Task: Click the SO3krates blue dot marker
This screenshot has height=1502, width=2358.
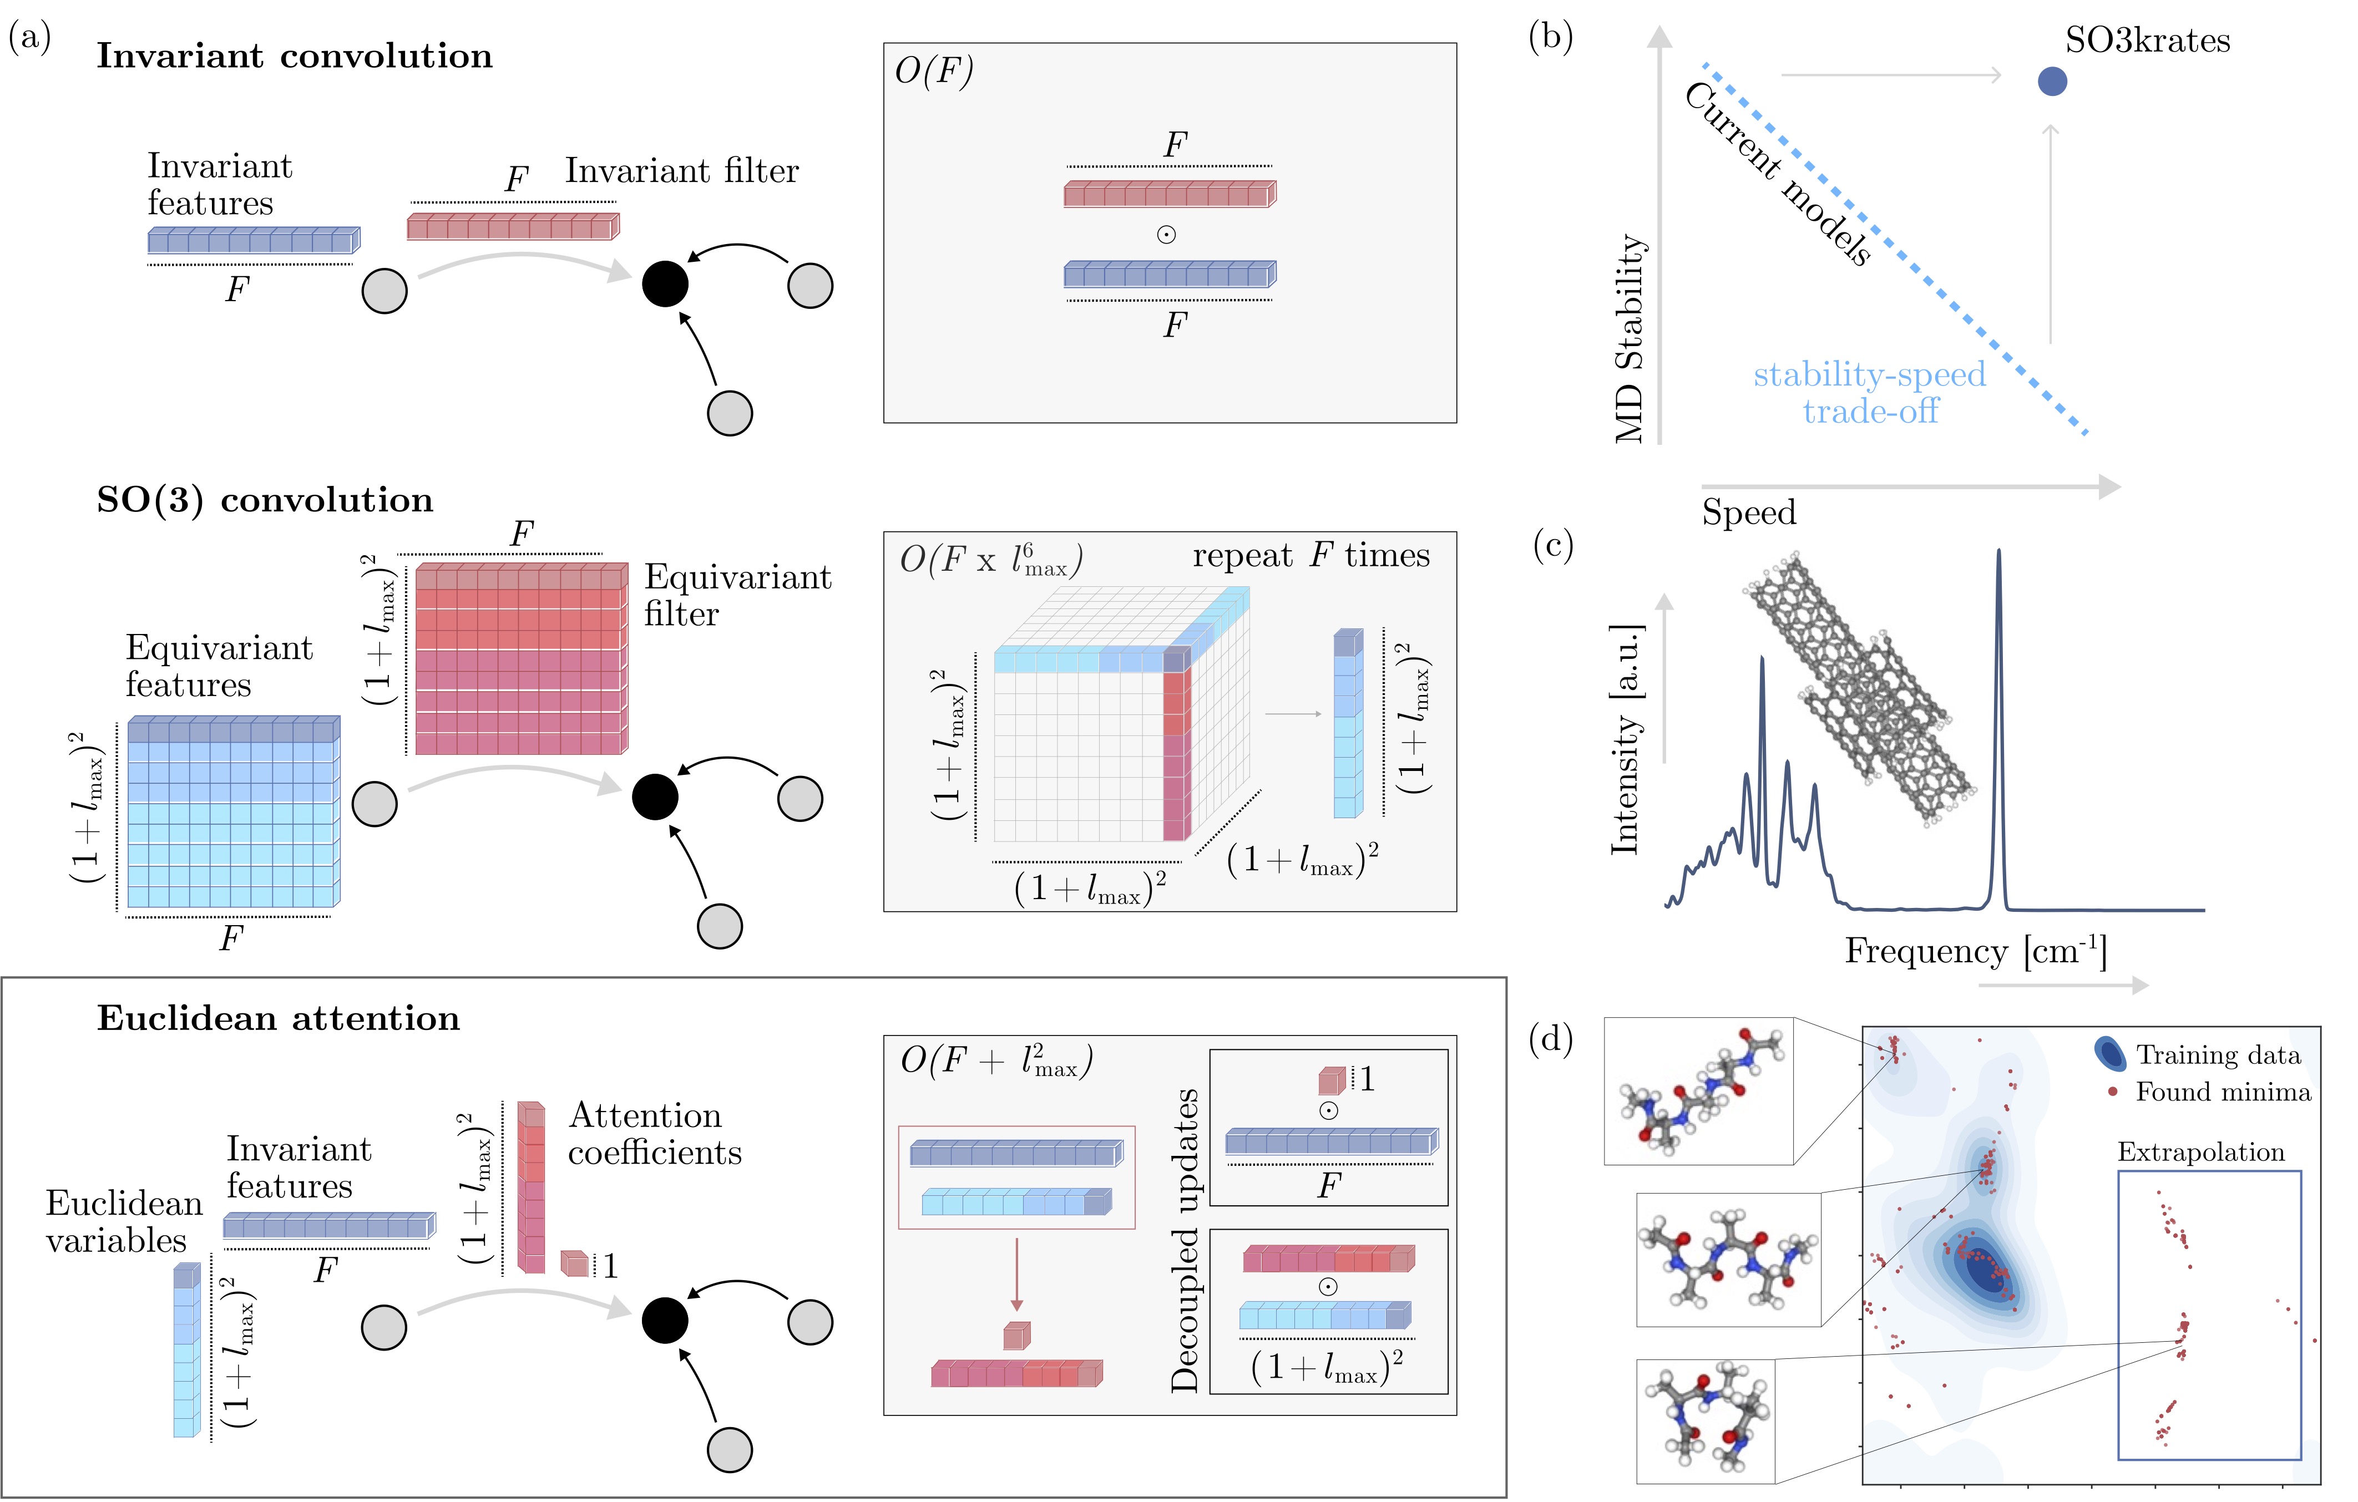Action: [x=2052, y=82]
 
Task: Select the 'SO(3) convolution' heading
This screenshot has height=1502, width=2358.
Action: [x=265, y=500]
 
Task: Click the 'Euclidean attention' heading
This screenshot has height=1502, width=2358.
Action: [x=278, y=1018]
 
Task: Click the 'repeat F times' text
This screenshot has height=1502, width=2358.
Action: [x=1311, y=555]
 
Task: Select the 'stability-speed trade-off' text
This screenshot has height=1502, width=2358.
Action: [x=1869, y=393]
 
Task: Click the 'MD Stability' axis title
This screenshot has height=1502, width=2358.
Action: [x=1630, y=338]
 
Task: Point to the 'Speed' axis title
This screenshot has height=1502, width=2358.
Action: [x=1749, y=512]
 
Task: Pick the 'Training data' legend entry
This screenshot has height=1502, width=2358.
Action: [x=2198, y=1054]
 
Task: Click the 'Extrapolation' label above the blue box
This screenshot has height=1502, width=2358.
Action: [x=2200, y=1151]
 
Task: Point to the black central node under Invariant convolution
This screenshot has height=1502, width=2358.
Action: [x=665, y=284]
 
